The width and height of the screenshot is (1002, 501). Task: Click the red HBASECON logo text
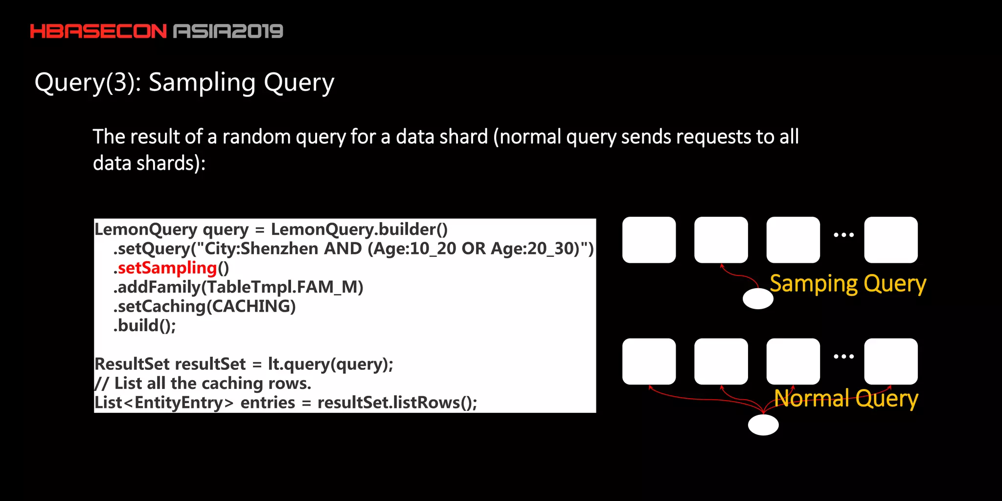(x=98, y=31)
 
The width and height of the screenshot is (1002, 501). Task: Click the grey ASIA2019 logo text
(x=228, y=31)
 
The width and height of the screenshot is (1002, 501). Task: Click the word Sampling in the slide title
(x=202, y=83)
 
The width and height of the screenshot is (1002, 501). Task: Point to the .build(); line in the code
(x=145, y=325)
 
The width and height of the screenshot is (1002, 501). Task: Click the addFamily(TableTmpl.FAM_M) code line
(x=238, y=287)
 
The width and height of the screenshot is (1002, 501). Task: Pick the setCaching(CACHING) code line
(x=205, y=306)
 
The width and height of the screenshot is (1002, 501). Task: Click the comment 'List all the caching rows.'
(x=203, y=383)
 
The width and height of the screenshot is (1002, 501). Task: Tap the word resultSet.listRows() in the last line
(x=397, y=402)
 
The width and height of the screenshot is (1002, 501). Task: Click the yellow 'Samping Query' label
(x=848, y=284)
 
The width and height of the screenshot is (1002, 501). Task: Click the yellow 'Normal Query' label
(x=846, y=399)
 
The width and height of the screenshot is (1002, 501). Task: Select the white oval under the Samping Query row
(x=758, y=298)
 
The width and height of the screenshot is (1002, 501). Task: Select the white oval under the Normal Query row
(x=763, y=425)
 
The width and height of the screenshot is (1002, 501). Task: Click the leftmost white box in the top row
(x=649, y=240)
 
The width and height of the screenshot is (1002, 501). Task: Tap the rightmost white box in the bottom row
(x=890, y=361)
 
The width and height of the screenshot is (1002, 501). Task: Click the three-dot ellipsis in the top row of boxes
(x=843, y=235)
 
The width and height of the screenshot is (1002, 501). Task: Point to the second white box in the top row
(x=721, y=240)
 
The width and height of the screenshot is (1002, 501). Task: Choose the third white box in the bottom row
(x=793, y=361)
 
